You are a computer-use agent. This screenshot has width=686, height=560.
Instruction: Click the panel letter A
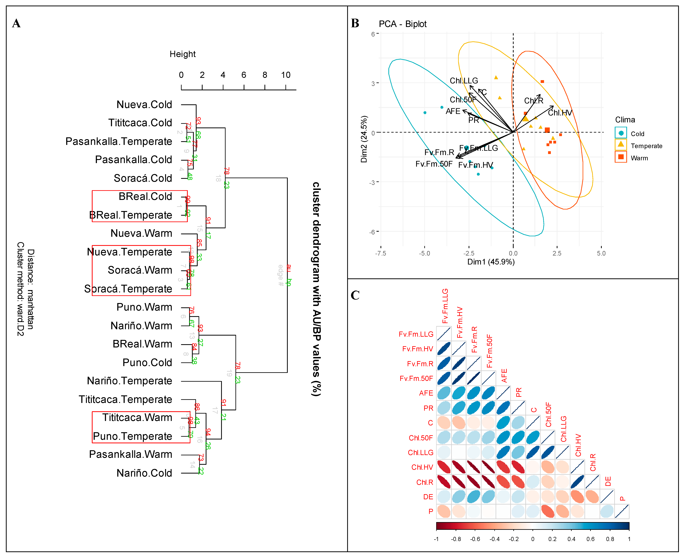pos(16,24)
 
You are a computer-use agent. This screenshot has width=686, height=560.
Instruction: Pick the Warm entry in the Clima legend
pos(639,158)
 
